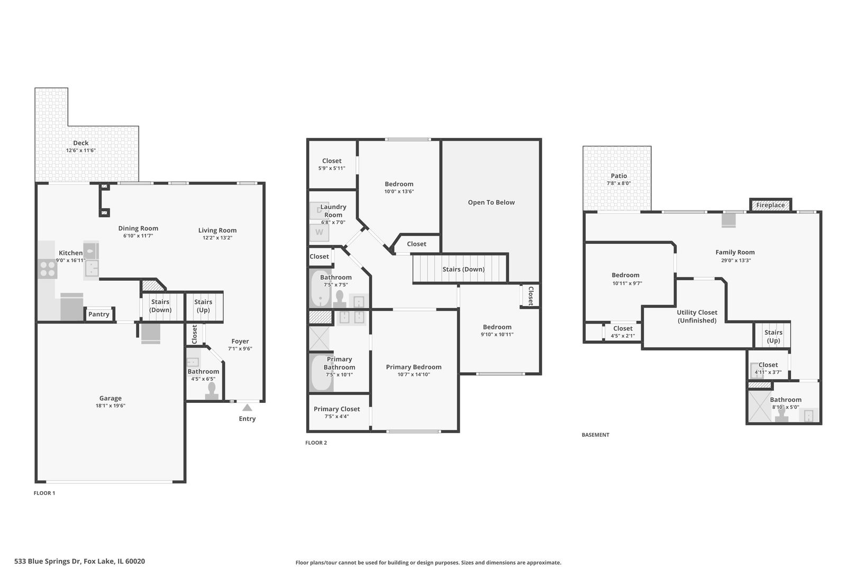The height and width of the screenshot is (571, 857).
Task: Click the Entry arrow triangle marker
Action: pos(247,408)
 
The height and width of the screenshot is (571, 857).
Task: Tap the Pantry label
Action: pos(99,314)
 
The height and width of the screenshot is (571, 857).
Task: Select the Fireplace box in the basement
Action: pos(771,205)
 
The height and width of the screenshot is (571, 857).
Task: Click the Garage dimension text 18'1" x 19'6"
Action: pos(111,406)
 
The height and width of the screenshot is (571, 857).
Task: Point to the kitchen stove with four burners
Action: pos(48,269)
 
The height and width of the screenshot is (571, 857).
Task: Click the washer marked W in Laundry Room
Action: pos(320,232)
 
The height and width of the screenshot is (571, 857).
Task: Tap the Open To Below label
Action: pos(491,202)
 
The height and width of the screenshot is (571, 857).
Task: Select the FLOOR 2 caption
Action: pos(316,443)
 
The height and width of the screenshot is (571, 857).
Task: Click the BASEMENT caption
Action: pos(595,435)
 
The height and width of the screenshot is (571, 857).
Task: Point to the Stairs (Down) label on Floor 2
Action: pos(464,269)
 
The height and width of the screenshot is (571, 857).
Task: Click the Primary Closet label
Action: pos(336,409)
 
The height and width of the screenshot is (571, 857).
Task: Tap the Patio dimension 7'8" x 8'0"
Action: pos(618,183)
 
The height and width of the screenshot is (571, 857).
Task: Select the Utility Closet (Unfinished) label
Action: pos(697,316)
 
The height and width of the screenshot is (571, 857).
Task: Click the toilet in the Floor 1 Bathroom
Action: pos(212,391)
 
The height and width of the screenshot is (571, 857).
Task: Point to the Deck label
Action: pos(81,143)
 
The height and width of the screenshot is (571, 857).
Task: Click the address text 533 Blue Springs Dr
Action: pos(48,561)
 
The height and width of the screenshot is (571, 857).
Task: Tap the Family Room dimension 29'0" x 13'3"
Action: pos(735,261)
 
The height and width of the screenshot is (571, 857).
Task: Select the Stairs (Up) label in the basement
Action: pos(773,337)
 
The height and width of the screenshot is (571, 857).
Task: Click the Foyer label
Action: pos(240,341)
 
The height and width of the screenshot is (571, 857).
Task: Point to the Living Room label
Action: pos(217,230)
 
